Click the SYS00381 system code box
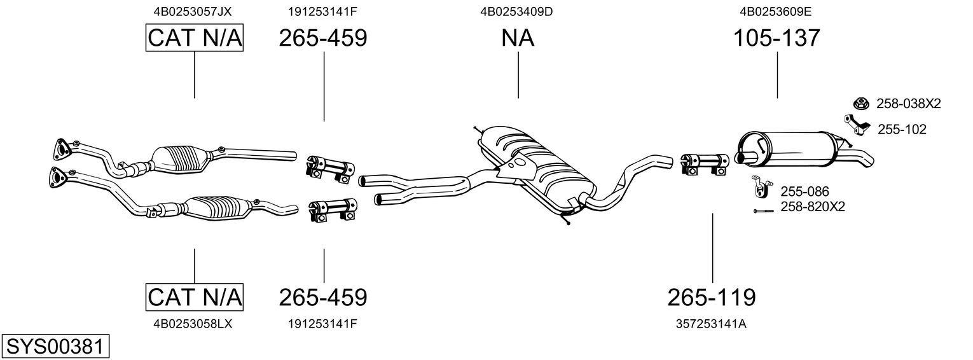tap(55, 347)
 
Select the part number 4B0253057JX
tap(193, 11)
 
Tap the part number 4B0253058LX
tap(193, 324)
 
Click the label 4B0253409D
tap(516, 11)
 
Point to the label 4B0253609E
tap(776, 11)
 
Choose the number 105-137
tap(776, 38)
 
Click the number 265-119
tap(712, 298)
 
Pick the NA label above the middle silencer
tap(518, 38)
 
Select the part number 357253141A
tap(711, 324)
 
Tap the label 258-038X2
tap(909, 104)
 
